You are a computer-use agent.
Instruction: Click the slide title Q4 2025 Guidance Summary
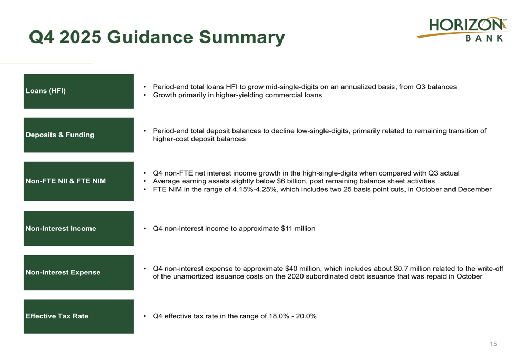156,37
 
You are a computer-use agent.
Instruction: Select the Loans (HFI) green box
78,91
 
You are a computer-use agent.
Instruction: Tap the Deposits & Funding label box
78,135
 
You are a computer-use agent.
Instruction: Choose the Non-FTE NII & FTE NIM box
78,181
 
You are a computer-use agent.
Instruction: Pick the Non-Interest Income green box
78,229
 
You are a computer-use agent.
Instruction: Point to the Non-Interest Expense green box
78,272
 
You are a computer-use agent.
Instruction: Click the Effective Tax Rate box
78,316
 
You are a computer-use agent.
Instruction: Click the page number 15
493,344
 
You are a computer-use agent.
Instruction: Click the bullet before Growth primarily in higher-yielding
145,95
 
